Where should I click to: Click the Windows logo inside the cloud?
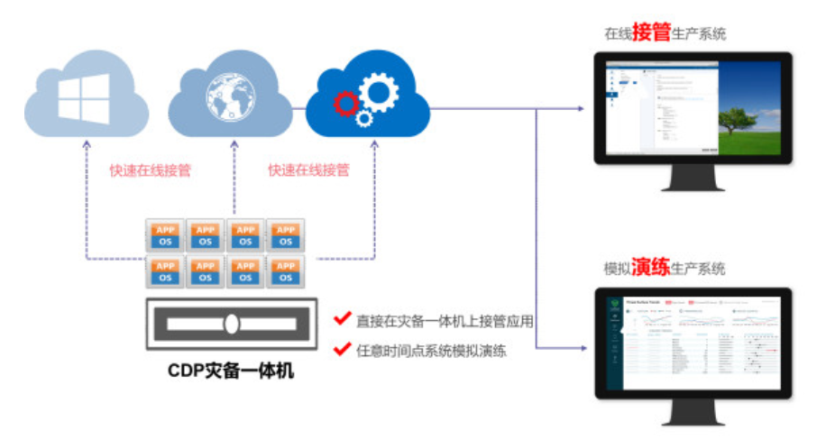pyautogui.click(x=84, y=98)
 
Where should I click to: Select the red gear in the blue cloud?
pyautogui.click(x=345, y=104)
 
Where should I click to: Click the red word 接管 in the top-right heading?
pyautogui.click(x=652, y=33)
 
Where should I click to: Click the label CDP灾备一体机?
pyautogui.click(x=230, y=370)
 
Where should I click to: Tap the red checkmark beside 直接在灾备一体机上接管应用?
pyautogui.click(x=342, y=318)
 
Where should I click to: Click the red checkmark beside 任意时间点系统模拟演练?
pyautogui.click(x=342, y=349)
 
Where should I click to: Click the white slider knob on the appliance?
pyautogui.click(x=231, y=322)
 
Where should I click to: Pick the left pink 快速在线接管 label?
pyautogui.click(x=150, y=170)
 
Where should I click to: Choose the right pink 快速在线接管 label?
pyautogui.click(x=308, y=170)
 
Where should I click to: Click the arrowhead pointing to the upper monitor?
pyautogui.click(x=585, y=109)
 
